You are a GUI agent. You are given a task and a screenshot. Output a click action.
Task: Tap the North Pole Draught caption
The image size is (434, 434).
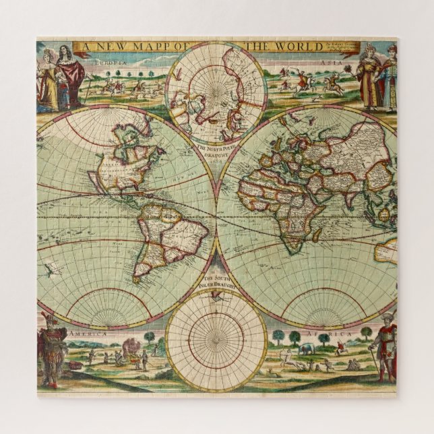(216, 150)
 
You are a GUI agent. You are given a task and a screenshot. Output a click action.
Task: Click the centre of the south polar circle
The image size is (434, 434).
(216, 340)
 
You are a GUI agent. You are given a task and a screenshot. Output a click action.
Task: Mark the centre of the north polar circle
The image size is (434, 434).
(216, 92)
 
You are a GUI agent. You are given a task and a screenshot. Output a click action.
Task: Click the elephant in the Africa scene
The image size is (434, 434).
(306, 348)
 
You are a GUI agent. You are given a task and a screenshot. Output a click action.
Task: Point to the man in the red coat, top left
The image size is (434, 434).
(70, 74)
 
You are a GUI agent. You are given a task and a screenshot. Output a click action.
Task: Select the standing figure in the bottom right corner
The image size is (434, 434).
(385, 347)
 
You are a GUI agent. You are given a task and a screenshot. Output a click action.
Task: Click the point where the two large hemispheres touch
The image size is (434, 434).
(217, 216)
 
